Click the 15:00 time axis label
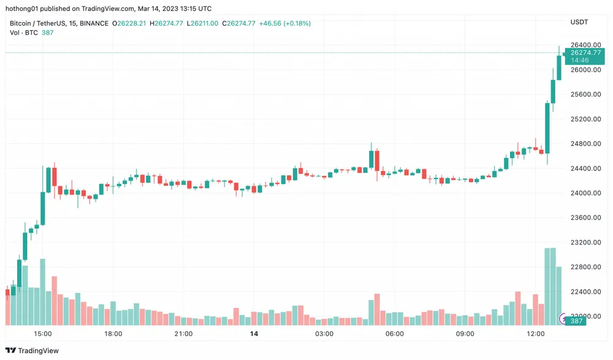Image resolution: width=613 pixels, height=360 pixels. [42, 334]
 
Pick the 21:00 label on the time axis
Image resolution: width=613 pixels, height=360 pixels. [183, 334]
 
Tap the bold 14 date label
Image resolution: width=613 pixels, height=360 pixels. [254, 334]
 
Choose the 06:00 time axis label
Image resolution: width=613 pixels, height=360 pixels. [394, 334]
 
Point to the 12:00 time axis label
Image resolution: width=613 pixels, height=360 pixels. [535, 334]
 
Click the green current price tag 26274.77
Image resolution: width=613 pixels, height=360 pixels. [585, 53]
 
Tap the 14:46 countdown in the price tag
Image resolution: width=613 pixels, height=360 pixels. [580, 61]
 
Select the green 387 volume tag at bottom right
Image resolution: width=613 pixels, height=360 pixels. [576, 321]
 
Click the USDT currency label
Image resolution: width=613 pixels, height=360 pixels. [579, 23]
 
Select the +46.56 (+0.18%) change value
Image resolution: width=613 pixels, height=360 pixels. [284, 23]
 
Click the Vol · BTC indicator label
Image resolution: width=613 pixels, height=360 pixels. [23, 32]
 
